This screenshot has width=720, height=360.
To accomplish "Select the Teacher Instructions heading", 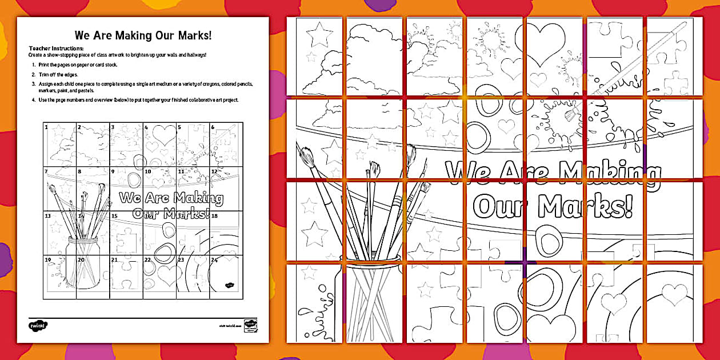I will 56,48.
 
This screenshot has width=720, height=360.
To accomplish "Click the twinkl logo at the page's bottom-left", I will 36,326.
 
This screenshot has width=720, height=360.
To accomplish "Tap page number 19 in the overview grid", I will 47,259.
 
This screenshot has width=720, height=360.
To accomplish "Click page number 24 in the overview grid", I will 214,259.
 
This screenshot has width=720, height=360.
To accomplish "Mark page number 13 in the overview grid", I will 48,216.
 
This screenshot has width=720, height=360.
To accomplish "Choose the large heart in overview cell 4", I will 164,135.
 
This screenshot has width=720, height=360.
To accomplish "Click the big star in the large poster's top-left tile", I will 319,34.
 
